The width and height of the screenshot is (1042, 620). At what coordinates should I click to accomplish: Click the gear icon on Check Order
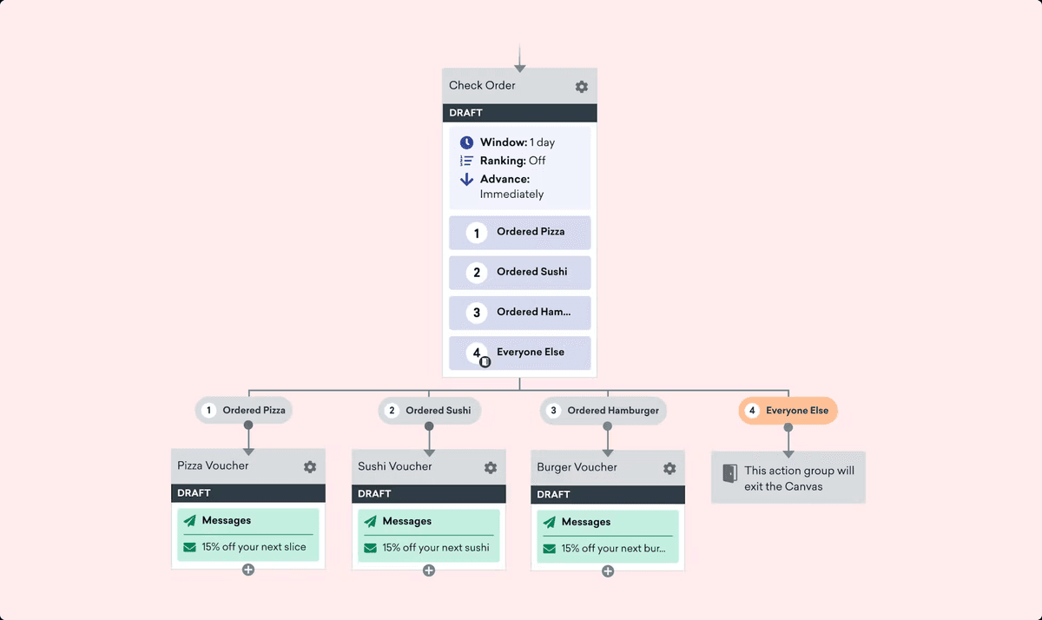[582, 87]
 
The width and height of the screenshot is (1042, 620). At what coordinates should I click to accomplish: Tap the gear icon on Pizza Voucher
[310, 467]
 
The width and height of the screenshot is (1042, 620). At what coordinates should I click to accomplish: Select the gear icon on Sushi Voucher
[491, 468]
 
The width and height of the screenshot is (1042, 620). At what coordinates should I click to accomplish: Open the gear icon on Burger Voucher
[669, 469]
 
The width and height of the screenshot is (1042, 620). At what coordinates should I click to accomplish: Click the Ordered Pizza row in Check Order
[519, 233]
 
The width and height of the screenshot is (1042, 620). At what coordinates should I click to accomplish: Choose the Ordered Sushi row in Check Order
[519, 273]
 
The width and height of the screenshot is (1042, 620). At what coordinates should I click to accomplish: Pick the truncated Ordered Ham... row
[519, 313]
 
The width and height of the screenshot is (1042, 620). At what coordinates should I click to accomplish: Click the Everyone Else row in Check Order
[519, 353]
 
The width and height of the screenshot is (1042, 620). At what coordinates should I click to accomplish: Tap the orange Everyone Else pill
[788, 411]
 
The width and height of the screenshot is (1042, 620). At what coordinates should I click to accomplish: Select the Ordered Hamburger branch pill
[603, 411]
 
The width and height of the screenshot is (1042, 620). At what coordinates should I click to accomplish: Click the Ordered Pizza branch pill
[244, 411]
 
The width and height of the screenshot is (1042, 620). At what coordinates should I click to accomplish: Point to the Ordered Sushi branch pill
[429, 411]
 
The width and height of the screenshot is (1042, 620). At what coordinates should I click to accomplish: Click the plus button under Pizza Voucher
[248, 571]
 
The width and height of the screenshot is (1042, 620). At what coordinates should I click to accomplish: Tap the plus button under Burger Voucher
[608, 571]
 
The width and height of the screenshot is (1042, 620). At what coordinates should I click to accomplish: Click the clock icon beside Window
[466, 142]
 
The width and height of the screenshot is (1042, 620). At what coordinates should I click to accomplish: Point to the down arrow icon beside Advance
[466, 180]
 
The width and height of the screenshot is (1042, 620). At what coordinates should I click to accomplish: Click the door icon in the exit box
[729, 473]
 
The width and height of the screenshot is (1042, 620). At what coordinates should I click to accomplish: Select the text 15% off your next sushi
[435, 548]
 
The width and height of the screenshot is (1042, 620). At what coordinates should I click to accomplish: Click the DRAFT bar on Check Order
[519, 113]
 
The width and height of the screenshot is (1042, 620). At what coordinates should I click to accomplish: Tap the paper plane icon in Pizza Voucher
[189, 521]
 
